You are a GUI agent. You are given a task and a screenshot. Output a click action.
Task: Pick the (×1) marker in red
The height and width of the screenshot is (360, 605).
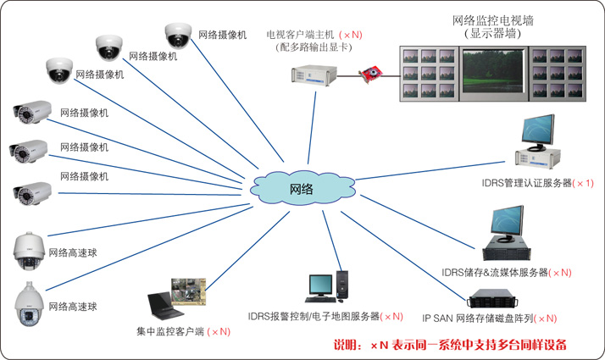pos(584,183)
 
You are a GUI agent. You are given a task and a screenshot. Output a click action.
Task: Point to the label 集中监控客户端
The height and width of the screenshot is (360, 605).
pos(170,331)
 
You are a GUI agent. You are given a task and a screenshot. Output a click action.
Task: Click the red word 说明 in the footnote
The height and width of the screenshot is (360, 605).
pos(346,346)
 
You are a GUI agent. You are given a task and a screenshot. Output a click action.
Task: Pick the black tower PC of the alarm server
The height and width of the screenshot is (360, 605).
pos(343,285)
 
